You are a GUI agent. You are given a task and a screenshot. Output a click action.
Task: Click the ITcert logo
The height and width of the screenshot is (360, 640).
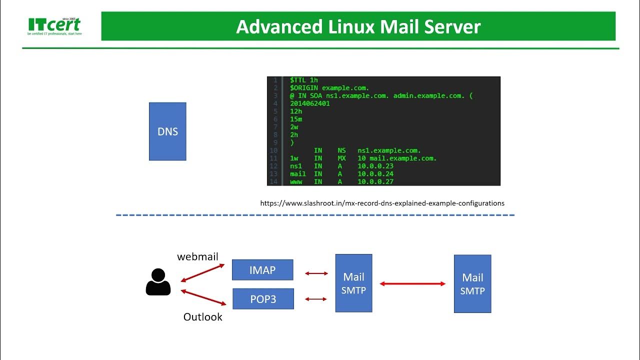54,26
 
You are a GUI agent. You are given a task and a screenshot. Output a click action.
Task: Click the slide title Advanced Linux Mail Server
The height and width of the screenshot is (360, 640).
358,26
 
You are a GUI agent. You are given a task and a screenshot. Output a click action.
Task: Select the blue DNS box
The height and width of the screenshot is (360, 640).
167,131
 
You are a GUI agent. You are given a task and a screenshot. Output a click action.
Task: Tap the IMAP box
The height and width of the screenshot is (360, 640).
262,270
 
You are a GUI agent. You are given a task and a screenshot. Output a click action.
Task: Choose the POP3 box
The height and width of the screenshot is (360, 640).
263,299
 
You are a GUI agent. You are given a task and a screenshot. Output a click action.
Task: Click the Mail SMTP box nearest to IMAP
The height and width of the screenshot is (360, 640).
353,283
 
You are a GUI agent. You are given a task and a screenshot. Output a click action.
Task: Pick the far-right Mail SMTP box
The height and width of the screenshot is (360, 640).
472,284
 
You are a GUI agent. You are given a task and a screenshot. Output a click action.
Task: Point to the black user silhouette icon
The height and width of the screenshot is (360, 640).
158,282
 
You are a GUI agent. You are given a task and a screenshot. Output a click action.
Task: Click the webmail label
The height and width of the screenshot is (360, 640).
197,256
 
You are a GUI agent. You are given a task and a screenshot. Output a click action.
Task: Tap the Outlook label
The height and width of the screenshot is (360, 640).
202,317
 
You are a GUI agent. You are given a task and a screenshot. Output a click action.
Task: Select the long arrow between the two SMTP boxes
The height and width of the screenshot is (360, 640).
412,284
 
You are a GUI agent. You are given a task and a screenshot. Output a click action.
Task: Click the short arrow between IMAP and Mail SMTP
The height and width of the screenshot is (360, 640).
316,273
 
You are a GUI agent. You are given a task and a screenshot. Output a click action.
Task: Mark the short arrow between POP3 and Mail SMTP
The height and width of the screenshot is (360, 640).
315,299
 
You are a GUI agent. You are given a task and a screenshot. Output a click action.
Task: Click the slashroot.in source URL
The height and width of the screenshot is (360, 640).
382,203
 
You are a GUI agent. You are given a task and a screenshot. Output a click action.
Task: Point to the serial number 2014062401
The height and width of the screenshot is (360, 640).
309,103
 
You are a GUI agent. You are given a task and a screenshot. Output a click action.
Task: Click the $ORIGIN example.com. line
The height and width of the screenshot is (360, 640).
329,87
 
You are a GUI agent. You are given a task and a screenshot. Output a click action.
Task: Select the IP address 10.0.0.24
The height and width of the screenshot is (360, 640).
375,174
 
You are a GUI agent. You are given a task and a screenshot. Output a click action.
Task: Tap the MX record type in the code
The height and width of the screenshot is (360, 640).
341,158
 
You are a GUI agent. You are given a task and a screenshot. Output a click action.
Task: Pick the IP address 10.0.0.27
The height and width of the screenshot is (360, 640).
375,182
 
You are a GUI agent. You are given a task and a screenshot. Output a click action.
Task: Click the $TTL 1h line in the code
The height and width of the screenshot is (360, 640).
303,80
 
